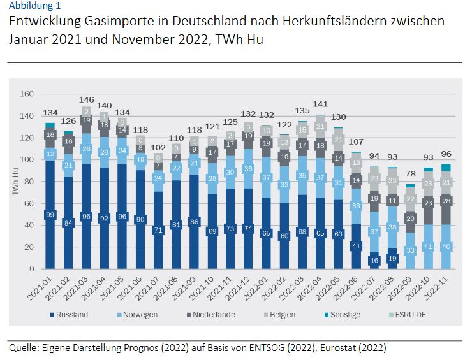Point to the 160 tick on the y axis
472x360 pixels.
pyautogui.click(x=27, y=94)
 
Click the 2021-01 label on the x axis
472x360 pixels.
pyautogui.click(x=46, y=286)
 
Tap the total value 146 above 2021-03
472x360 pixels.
pyautogui.click(x=86, y=100)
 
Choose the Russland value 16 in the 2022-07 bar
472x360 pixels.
pyautogui.click(x=375, y=260)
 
